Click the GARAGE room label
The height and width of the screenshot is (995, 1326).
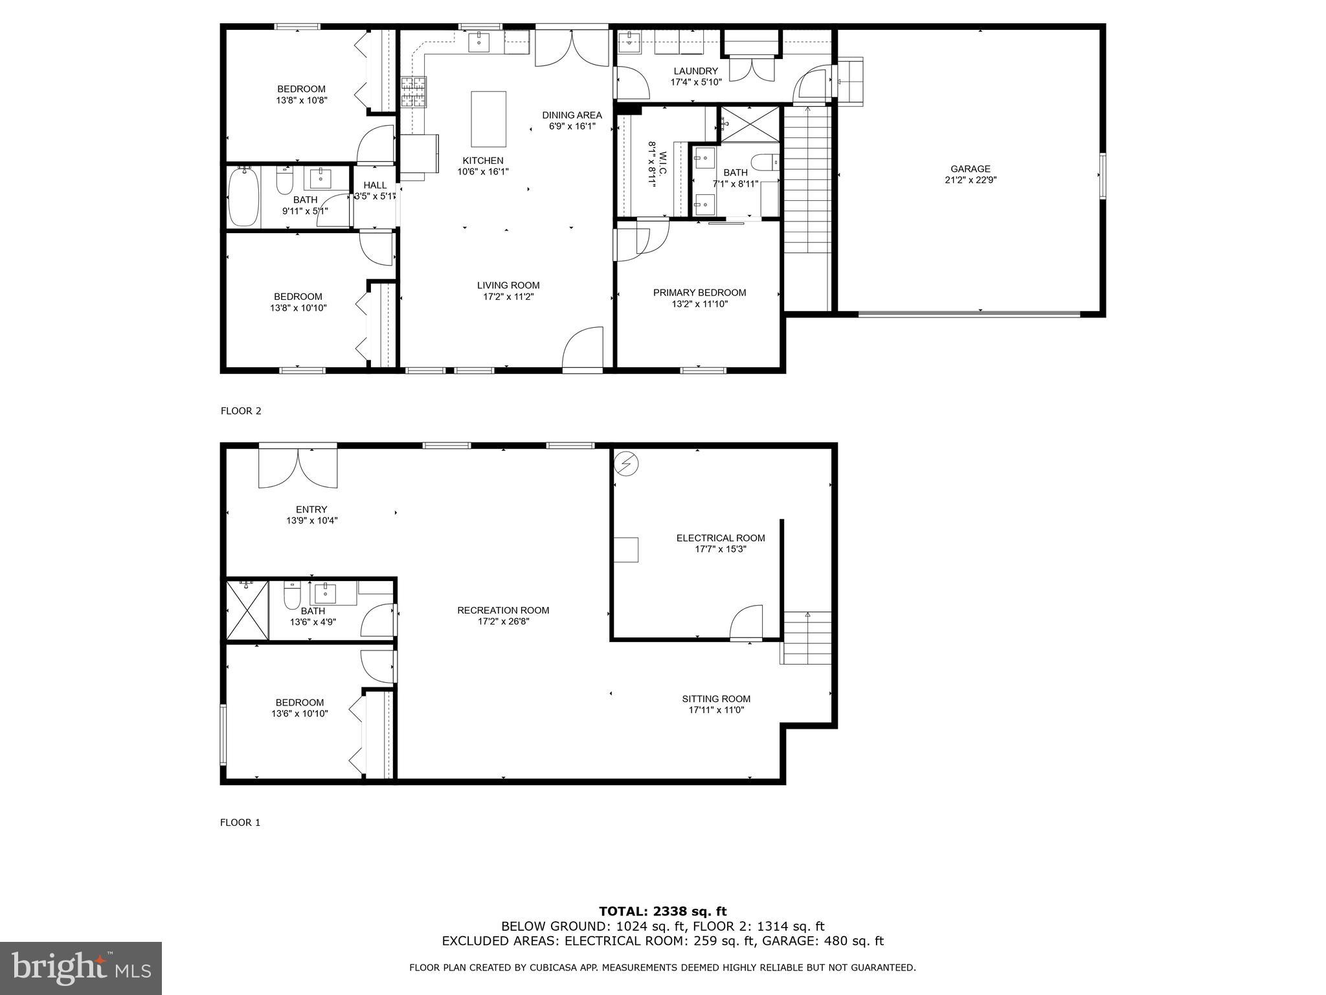tap(970, 169)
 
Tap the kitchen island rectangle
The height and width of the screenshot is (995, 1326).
tap(488, 119)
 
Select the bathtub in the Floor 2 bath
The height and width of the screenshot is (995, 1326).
tap(244, 196)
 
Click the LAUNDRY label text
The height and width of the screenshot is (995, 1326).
tap(695, 71)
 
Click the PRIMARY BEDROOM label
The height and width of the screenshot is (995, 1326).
tap(699, 293)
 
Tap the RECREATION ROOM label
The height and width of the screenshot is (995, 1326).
tap(503, 610)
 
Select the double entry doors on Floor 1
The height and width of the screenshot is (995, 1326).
tap(298, 468)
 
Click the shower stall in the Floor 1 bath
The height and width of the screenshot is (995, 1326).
tap(247, 610)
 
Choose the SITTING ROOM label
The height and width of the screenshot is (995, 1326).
tap(716, 699)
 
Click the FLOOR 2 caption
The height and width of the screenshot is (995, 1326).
tap(241, 411)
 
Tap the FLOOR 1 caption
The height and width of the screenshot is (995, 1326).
tap(240, 823)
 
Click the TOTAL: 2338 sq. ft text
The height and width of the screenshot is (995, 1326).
tap(662, 911)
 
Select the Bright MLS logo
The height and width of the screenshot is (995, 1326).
tap(81, 968)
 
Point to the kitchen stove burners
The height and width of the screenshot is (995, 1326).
tap(414, 91)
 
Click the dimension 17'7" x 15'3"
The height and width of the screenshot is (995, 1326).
tap(721, 549)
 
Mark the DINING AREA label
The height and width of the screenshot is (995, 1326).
tap(572, 115)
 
